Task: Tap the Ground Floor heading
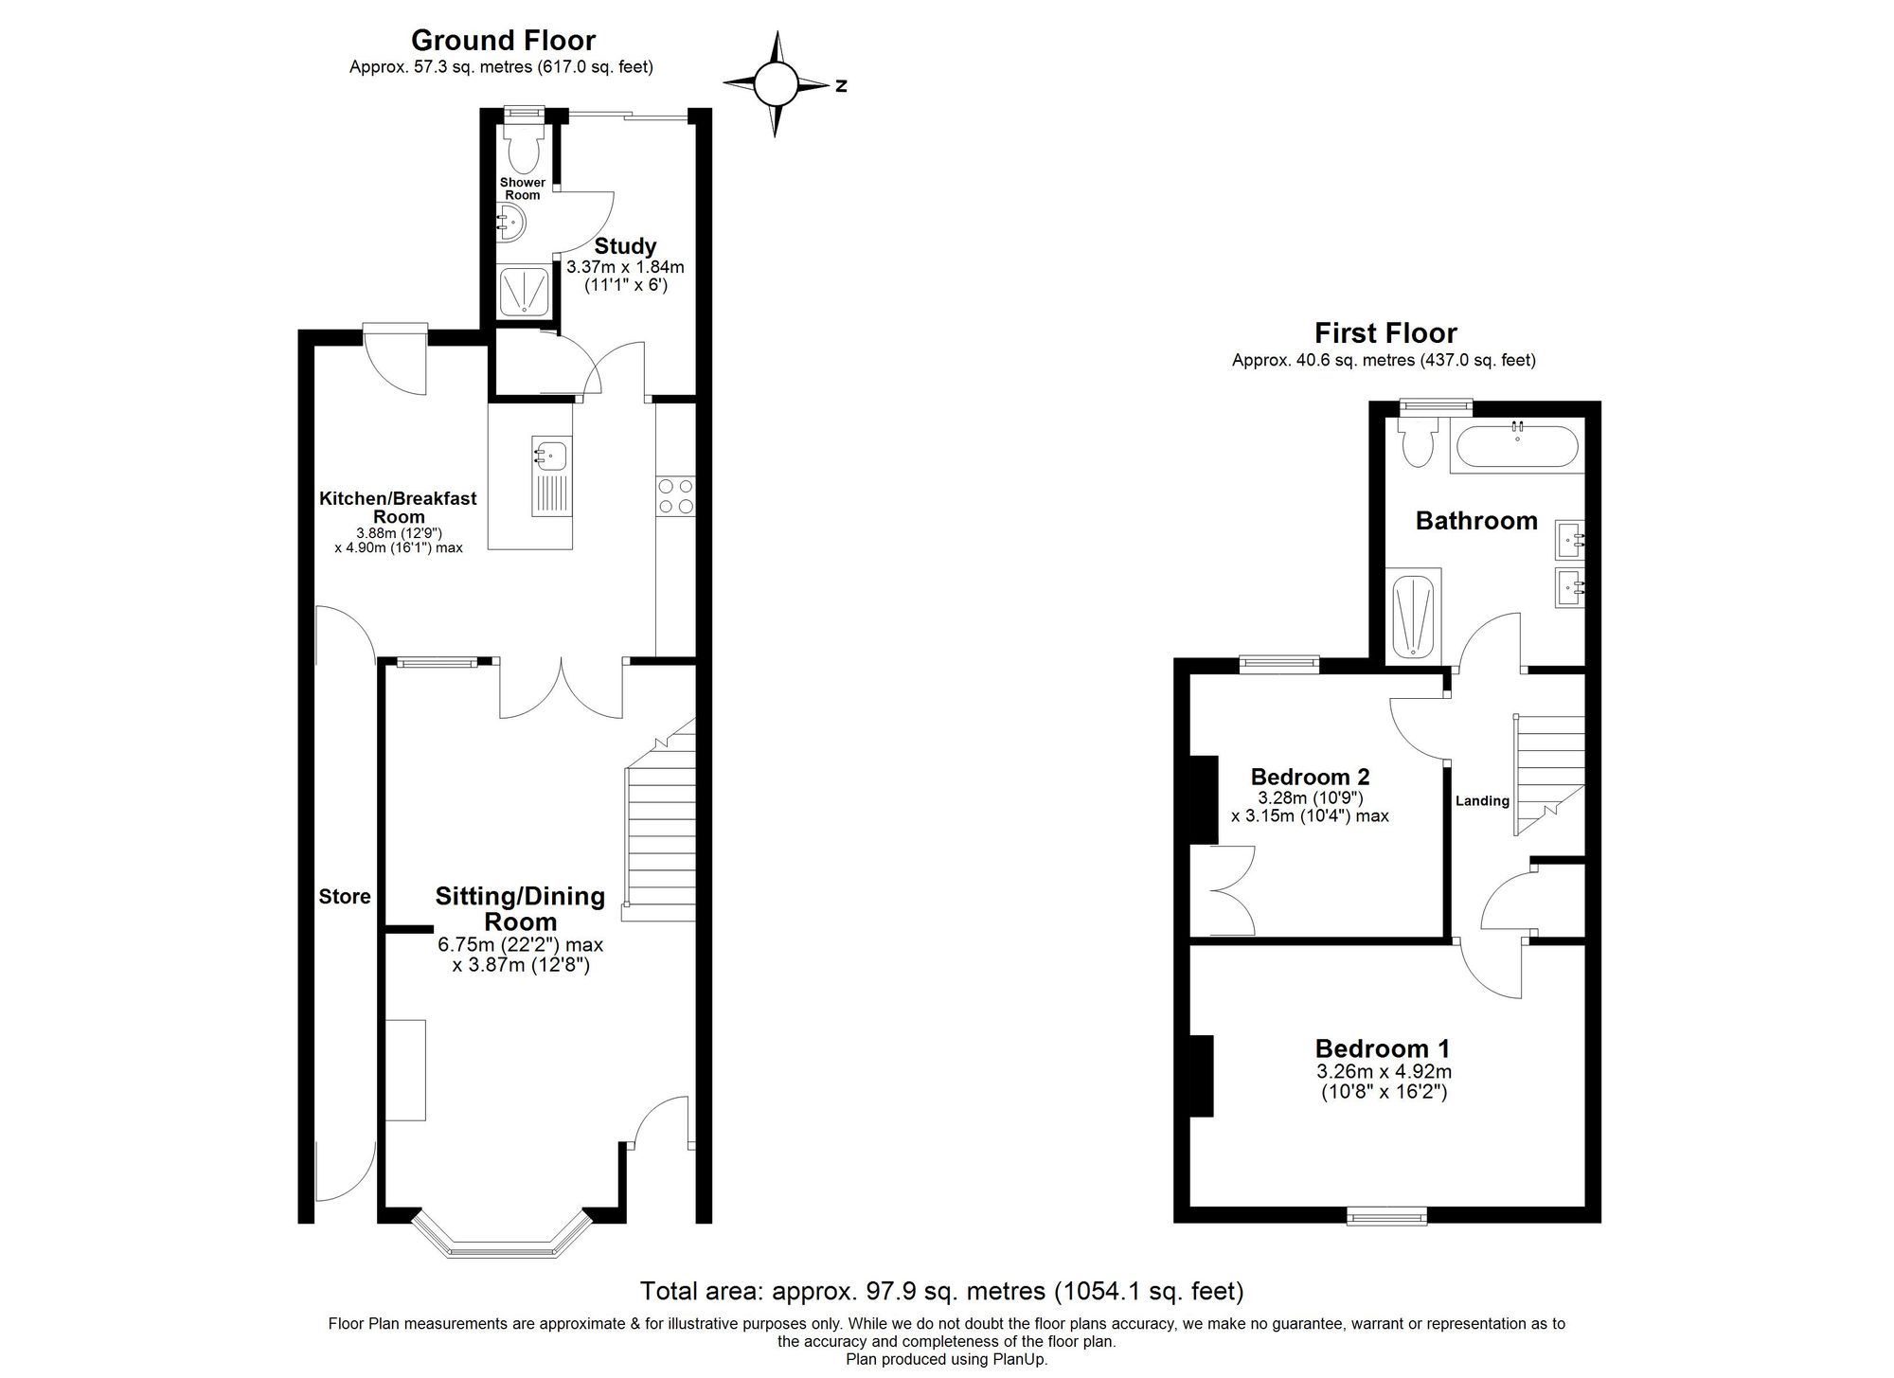503,41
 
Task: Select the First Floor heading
1385,333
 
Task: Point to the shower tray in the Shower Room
523,290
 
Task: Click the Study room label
625,246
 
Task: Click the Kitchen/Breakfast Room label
398,507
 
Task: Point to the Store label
345,897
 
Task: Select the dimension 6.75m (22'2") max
520,945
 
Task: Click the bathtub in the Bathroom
1516,447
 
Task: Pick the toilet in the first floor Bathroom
1418,443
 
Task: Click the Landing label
1482,801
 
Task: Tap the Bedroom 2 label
1310,777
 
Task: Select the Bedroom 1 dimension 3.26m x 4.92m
1384,1072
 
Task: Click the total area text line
941,1291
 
